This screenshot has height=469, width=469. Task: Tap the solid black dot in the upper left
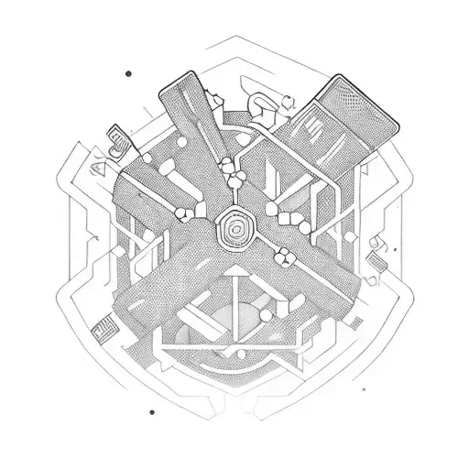point(128,73)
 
